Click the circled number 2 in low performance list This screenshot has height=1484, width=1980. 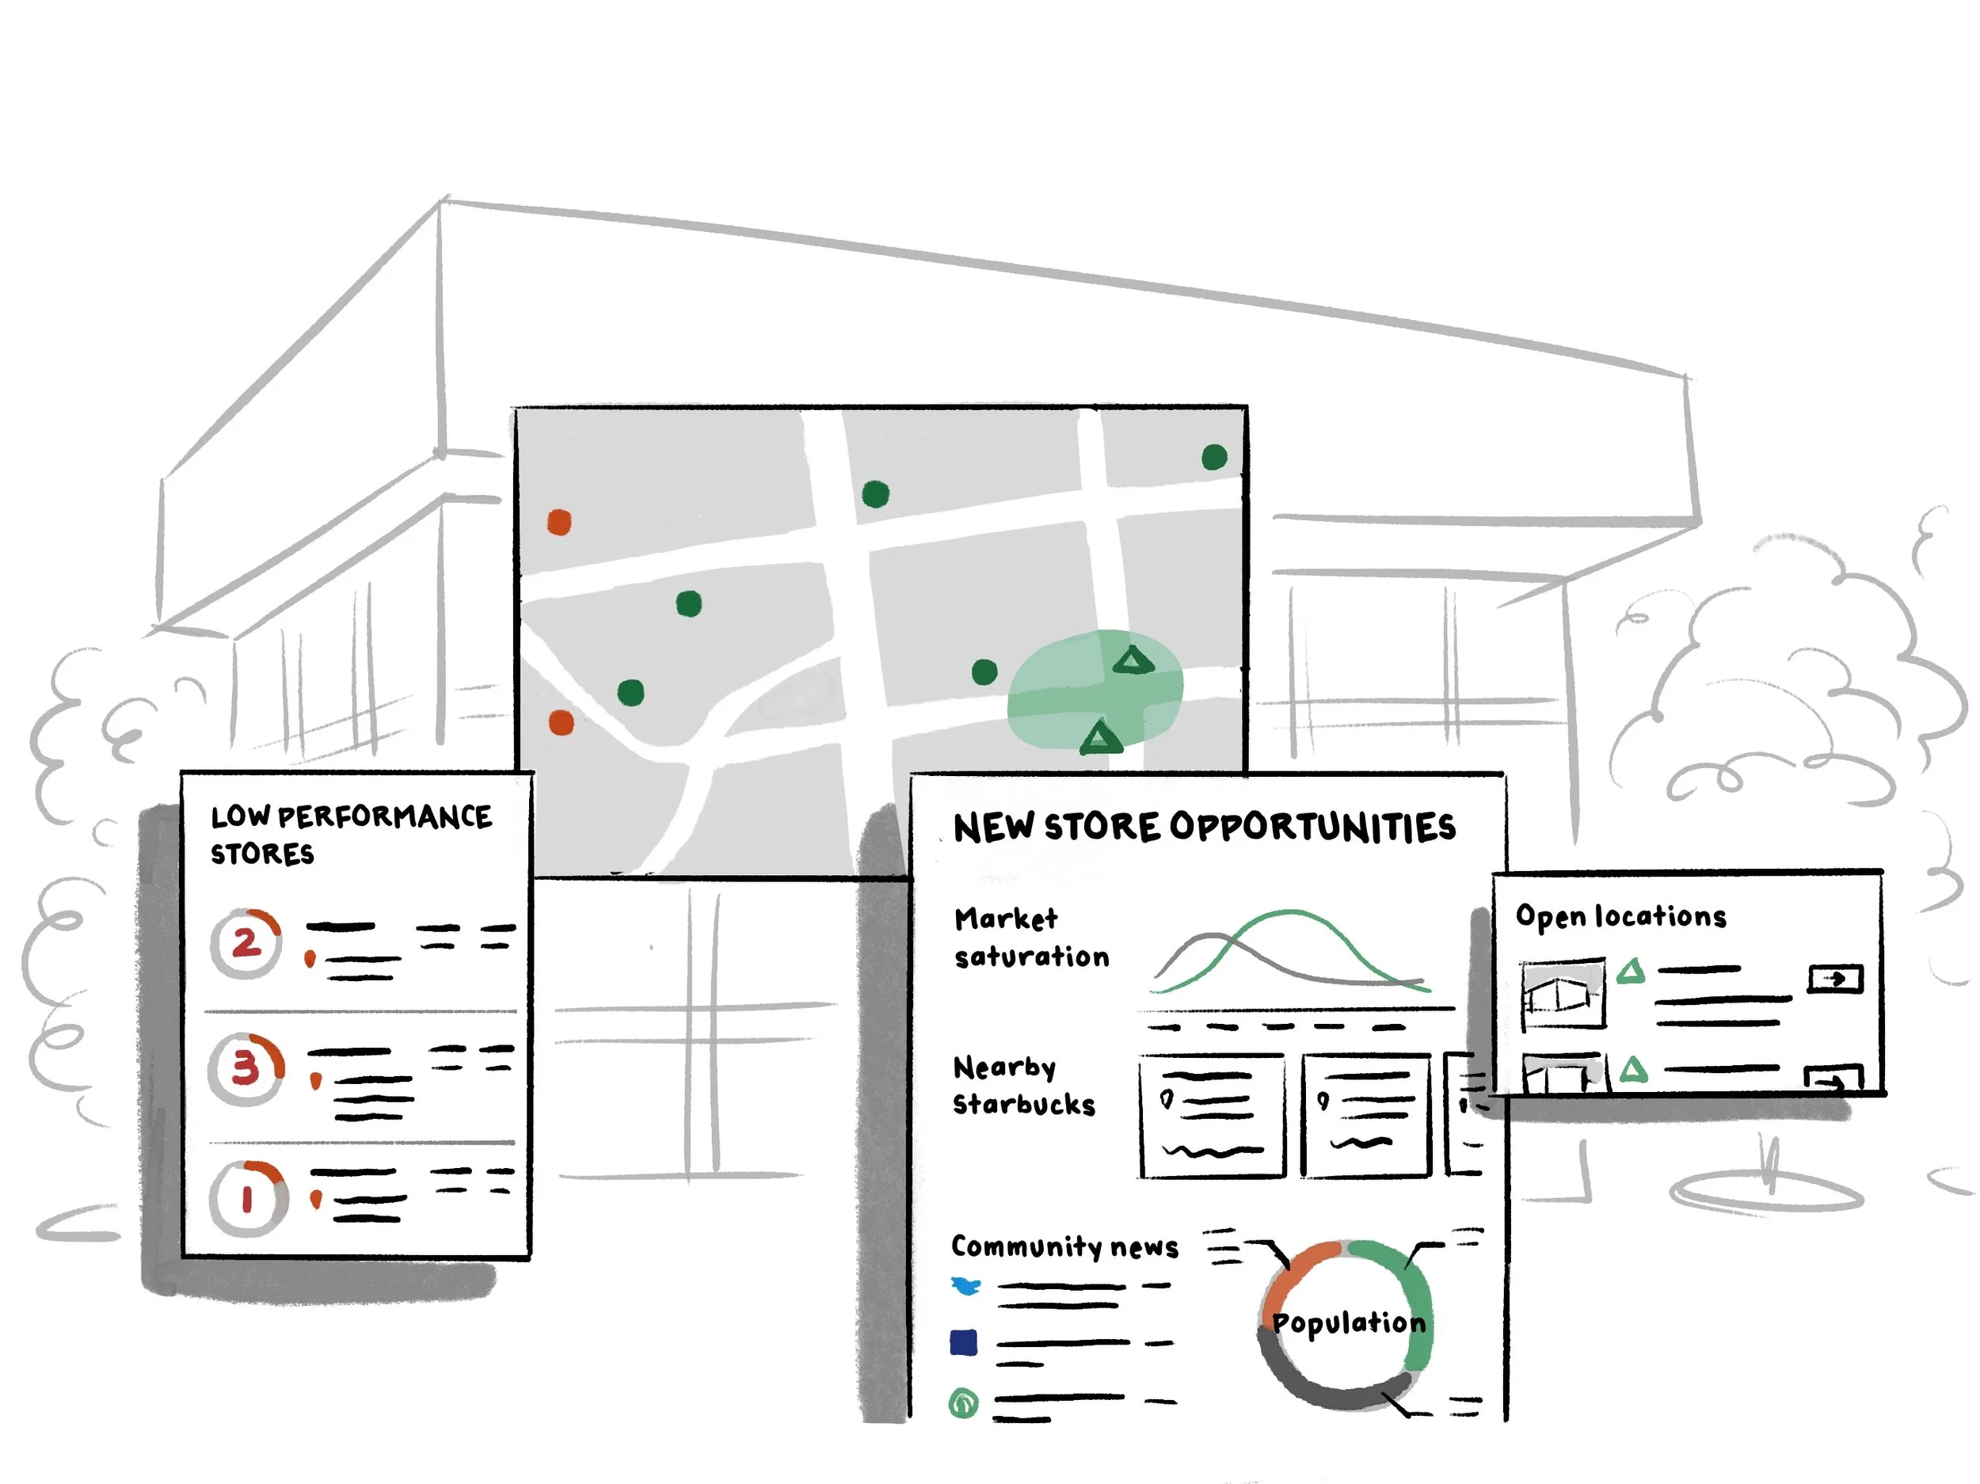click(x=246, y=942)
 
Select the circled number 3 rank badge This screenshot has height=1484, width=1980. click(x=246, y=1069)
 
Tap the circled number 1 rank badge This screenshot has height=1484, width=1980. click(x=247, y=1197)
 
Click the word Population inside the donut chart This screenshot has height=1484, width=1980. click(x=1349, y=1323)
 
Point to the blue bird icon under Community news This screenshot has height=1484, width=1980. click(x=965, y=1286)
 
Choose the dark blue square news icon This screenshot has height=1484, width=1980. click(x=963, y=1342)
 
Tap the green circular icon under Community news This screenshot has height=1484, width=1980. click(x=963, y=1402)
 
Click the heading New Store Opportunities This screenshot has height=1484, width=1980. click(x=1205, y=827)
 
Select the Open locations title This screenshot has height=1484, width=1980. click(x=1621, y=916)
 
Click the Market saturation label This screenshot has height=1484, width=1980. click(x=1031, y=937)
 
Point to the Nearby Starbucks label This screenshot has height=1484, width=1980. click(x=1024, y=1086)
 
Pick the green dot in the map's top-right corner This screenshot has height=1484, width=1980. click(x=1214, y=458)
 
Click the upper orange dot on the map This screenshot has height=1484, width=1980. click(x=559, y=522)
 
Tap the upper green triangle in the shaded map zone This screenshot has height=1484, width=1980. click(x=1133, y=660)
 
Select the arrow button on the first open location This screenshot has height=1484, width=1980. click(x=1836, y=978)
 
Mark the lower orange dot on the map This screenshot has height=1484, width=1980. click(x=562, y=722)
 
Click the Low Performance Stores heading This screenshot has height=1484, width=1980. click(x=351, y=834)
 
